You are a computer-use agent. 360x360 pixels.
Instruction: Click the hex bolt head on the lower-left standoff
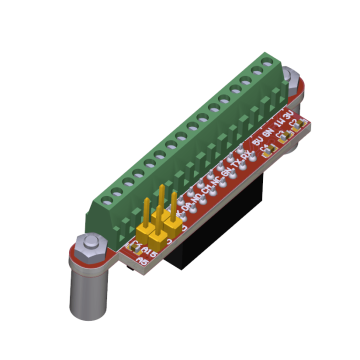click(86, 243)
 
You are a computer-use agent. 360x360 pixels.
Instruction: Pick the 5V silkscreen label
click(258, 141)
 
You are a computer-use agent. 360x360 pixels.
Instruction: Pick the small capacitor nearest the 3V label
click(296, 127)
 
